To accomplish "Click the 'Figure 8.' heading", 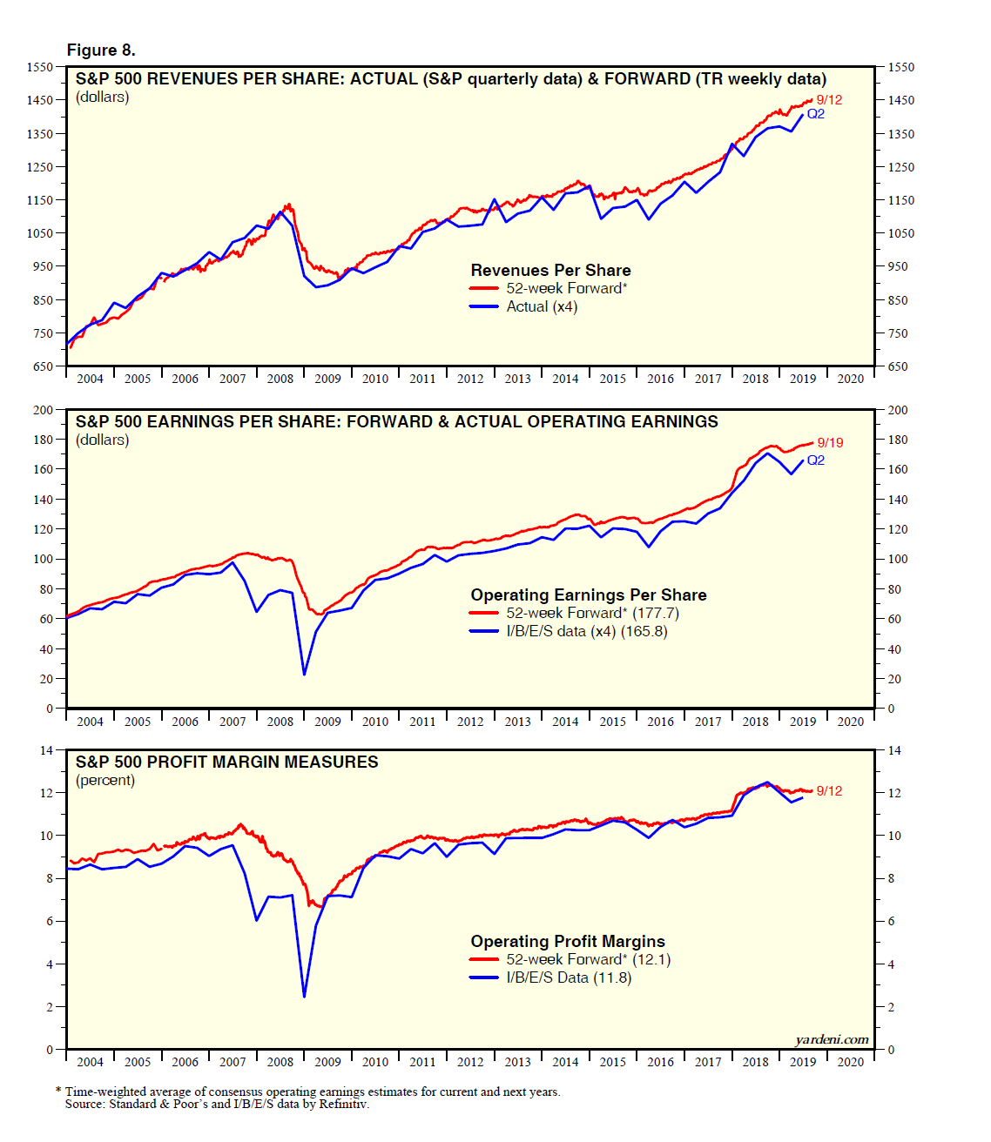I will (x=101, y=50).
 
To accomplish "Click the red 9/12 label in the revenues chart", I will (x=828, y=100).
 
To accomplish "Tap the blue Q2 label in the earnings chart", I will (x=815, y=460).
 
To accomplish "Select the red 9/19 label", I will (x=829, y=443).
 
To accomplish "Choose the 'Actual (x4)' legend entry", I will (x=542, y=306).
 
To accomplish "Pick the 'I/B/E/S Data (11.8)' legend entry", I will (x=569, y=977).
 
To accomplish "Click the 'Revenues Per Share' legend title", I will (x=550, y=271).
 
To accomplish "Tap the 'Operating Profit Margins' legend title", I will (x=568, y=942).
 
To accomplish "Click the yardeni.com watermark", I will (x=831, y=1039).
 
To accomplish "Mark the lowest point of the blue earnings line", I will (x=304, y=674).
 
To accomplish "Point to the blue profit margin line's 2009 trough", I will (x=304, y=996).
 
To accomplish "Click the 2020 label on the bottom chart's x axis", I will (x=850, y=1062).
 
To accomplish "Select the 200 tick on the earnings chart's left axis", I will (x=43, y=410).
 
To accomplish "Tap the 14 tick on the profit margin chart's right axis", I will (x=894, y=750).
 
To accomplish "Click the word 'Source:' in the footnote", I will (x=85, y=1104).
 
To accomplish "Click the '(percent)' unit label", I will (x=105, y=780).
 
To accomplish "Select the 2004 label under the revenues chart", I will (x=90, y=379).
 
